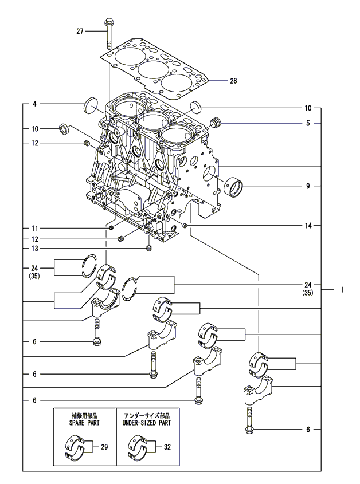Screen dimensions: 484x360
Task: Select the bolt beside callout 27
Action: [108, 34]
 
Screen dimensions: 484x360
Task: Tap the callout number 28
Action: [233, 81]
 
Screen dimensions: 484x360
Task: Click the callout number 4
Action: [34, 104]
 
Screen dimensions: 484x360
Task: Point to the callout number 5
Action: [308, 123]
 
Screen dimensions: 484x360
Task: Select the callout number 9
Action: [308, 186]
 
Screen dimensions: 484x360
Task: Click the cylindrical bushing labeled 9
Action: [235, 186]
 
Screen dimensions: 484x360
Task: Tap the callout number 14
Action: [308, 226]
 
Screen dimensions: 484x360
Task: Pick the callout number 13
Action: [34, 248]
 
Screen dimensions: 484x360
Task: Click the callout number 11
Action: [34, 228]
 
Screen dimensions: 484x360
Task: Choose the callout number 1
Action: [342, 290]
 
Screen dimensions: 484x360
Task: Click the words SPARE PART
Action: [84, 421]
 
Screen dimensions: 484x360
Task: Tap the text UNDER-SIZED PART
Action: [147, 421]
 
